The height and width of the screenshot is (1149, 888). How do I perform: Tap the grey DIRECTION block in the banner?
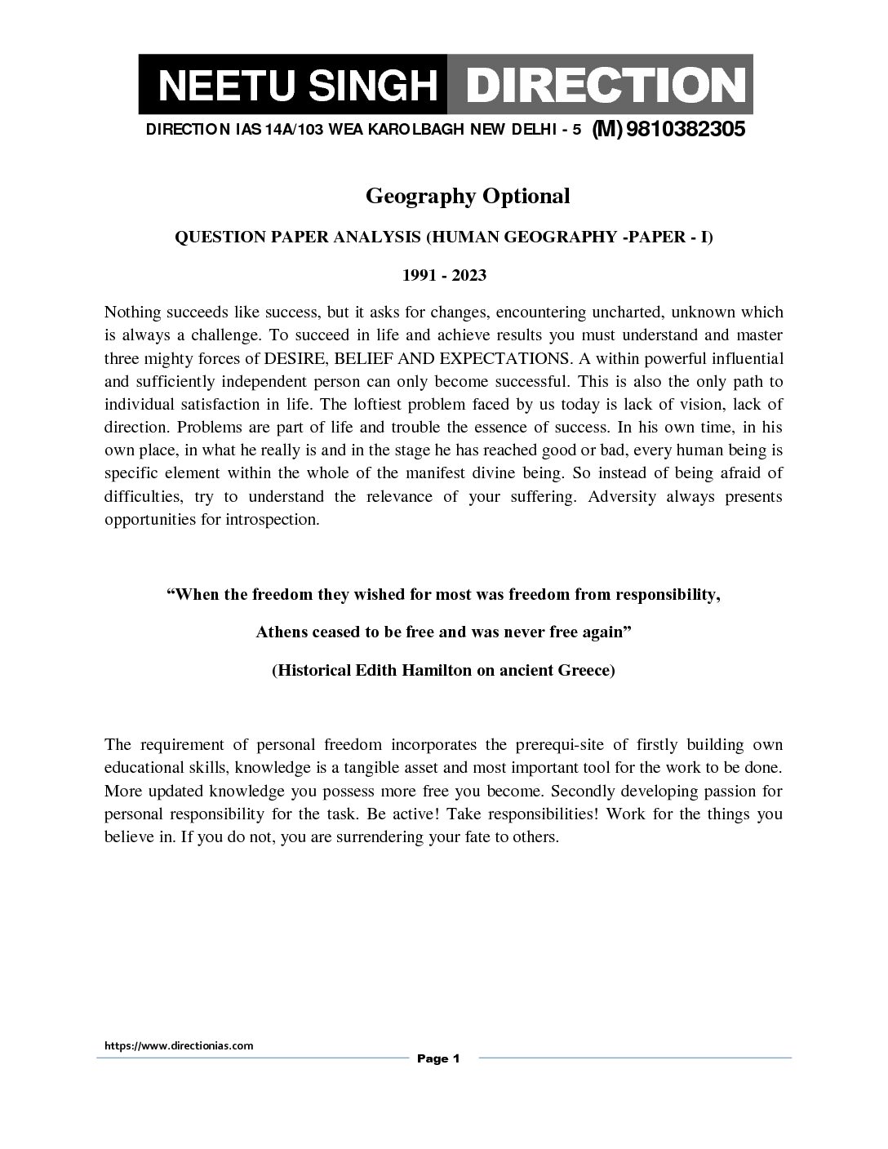pyautogui.click(x=600, y=86)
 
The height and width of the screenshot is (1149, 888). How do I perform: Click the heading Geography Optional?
pyautogui.click(x=467, y=196)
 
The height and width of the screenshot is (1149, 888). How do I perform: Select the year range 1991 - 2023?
pyautogui.click(x=444, y=275)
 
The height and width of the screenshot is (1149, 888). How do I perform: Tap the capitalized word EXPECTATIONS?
pyautogui.click(x=504, y=358)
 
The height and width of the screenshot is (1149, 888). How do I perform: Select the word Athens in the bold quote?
pyautogui.click(x=282, y=632)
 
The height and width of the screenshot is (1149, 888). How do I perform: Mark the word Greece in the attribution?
pyautogui.click(x=586, y=670)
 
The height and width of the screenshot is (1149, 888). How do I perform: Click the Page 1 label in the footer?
pyautogui.click(x=439, y=1058)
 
